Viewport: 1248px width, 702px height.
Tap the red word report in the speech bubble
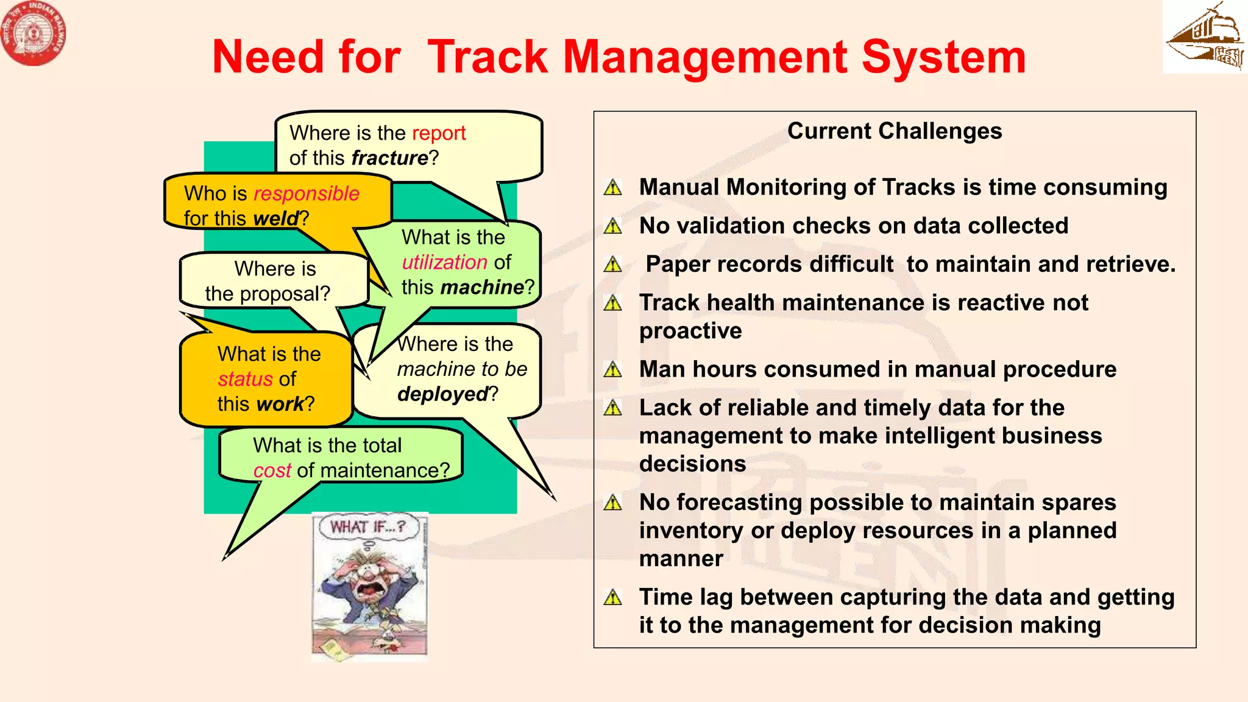pyautogui.click(x=439, y=133)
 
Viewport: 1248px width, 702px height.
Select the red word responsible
pyautogui.click(x=306, y=194)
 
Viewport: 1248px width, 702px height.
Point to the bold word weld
pyautogui.click(x=276, y=218)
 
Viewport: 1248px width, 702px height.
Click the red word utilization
pyautogui.click(x=444, y=262)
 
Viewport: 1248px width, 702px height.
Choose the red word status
pyautogui.click(x=245, y=379)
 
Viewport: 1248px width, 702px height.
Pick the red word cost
pyautogui.click(x=272, y=470)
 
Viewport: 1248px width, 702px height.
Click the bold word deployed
pyautogui.click(x=442, y=394)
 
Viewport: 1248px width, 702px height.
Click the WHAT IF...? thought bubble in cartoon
pyautogui.click(x=367, y=526)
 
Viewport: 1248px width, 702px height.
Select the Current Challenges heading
pyautogui.click(x=894, y=131)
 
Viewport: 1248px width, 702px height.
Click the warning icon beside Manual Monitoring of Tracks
pyautogui.click(x=613, y=188)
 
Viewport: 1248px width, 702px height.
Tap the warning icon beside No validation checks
pyautogui.click(x=613, y=227)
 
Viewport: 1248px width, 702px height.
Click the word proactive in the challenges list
pyautogui.click(x=690, y=331)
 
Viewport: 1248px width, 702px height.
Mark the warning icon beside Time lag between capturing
pyautogui.click(x=613, y=597)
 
